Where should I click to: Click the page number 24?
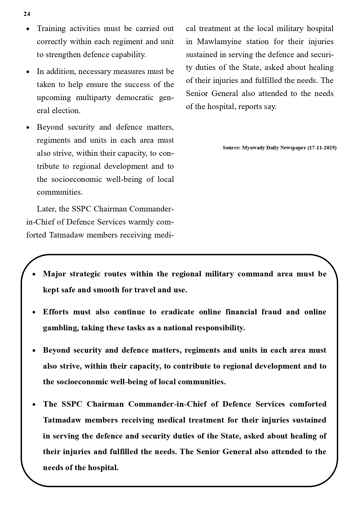[27, 14]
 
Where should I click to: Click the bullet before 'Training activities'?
[28, 29]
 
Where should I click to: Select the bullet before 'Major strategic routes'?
[34, 274]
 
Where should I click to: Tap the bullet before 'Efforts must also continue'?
[34, 312]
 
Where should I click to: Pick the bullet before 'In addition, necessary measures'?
[28, 72]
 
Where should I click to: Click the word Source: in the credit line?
[231, 148]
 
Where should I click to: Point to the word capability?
[129, 55]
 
